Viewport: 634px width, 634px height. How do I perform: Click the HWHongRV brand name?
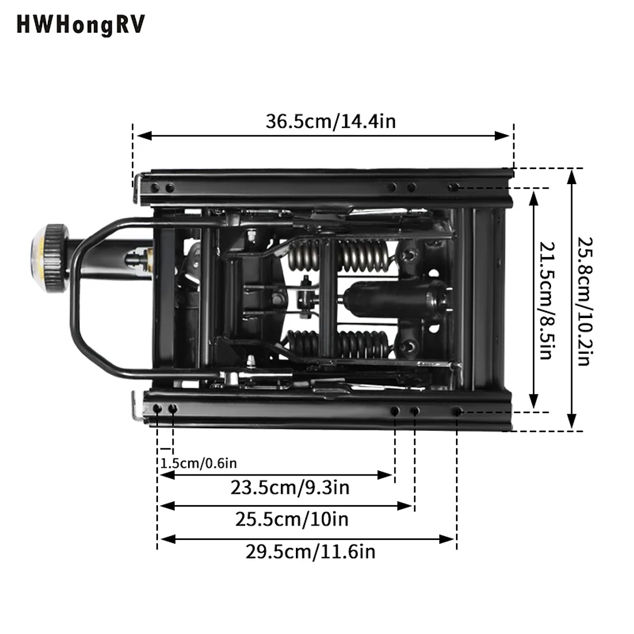[x=81, y=25]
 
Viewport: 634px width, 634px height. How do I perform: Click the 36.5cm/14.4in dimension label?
[x=330, y=121]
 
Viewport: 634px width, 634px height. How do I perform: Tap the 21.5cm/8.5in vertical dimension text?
[x=547, y=300]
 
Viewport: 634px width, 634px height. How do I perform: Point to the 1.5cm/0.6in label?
[x=199, y=463]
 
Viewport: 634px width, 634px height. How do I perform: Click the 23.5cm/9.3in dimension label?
[x=290, y=488]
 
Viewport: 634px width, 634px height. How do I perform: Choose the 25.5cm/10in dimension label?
[x=291, y=519]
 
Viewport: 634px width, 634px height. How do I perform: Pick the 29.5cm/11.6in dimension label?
[x=310, y=552]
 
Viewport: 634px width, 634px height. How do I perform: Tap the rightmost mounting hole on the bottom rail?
[x=457, y=412]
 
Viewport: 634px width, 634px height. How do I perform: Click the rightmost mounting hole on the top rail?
[x=453, y=187]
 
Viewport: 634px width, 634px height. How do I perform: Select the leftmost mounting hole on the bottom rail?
[x=157, y=409]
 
